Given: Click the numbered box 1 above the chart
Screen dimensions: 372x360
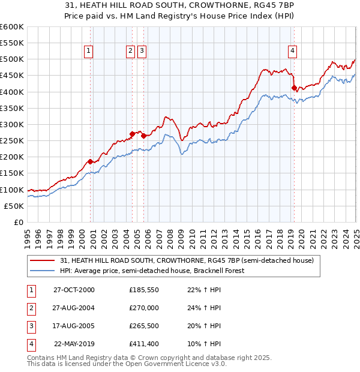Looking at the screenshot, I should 88,51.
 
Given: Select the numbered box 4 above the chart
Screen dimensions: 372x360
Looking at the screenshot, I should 292,51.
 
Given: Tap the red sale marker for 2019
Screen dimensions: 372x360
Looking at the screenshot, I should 294,88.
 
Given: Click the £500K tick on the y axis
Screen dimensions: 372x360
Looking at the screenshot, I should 12,59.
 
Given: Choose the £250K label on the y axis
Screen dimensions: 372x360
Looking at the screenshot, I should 12,140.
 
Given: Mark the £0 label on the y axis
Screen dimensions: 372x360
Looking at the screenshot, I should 19,222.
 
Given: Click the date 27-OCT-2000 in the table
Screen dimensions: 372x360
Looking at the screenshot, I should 74,290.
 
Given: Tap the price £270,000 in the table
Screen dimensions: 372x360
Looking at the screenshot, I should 144,308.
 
